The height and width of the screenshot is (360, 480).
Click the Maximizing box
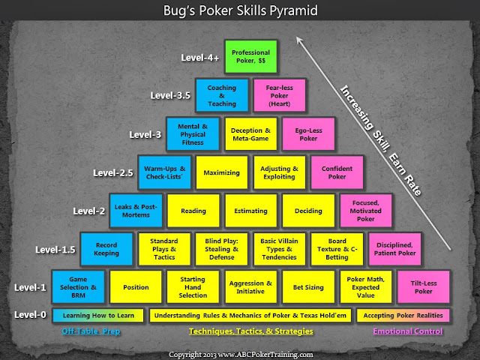(221, 172)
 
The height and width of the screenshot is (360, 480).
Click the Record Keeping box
(106, 250)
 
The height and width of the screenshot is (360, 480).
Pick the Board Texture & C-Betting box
(337, 250)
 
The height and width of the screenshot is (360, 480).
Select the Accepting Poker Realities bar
(403, 316)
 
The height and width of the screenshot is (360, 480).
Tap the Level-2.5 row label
(114, 172)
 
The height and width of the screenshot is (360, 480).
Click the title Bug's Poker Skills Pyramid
(240, 12)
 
